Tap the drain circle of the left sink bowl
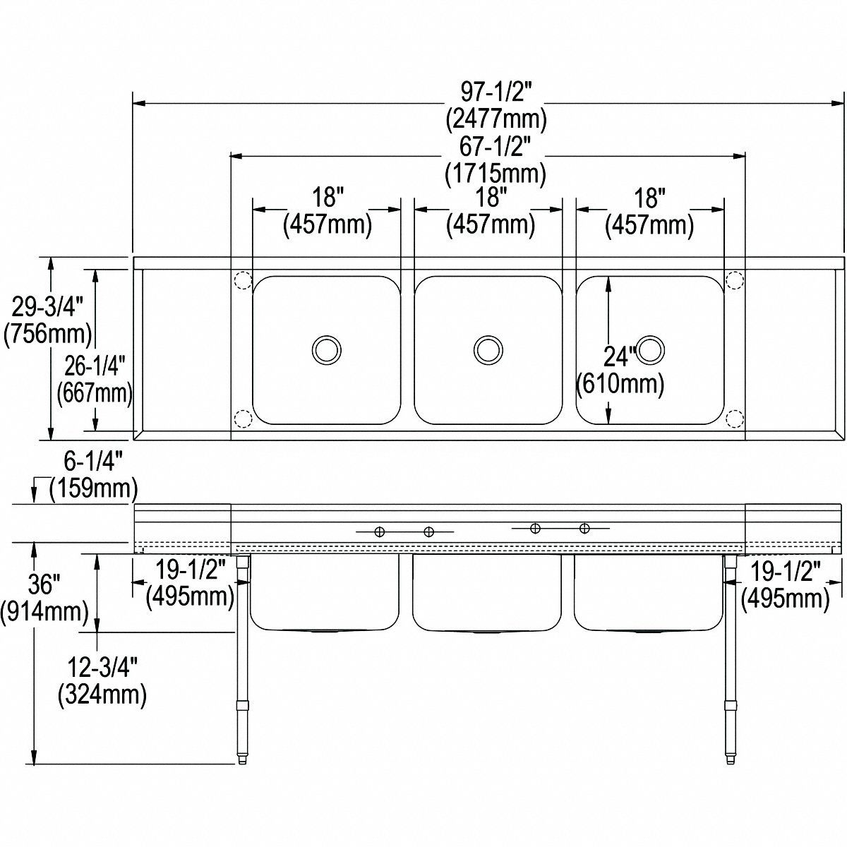[x=327, y=349]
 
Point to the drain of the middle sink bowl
[x=488, y=349]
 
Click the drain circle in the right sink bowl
[x=650, y=349]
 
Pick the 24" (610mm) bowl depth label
[x=620, y=371]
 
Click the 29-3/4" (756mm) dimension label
[x=48, y=320]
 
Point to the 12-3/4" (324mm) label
[x=102, y=681]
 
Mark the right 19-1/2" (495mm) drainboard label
[x=785, y=583]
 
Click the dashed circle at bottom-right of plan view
[x=735, y=419]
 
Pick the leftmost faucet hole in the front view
[x=379, y=531]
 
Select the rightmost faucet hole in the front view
[x=584, y=527]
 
